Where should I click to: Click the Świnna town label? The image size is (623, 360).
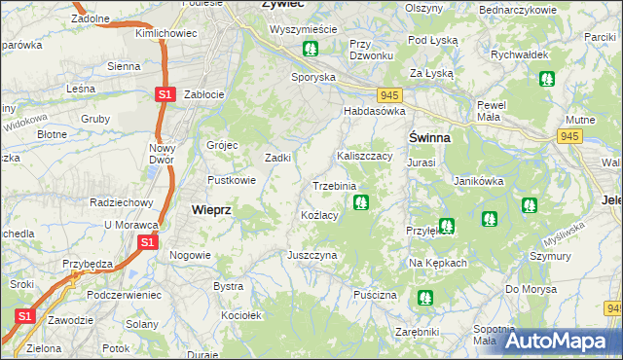428,137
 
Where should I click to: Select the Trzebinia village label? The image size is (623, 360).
334,185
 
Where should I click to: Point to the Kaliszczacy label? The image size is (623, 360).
364,156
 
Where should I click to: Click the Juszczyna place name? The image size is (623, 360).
311,255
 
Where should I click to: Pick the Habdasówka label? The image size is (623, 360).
373,112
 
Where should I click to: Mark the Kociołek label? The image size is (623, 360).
241,316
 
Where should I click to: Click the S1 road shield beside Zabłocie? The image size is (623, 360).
165,94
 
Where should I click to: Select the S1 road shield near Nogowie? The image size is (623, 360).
147,241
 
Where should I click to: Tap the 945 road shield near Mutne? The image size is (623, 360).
570,137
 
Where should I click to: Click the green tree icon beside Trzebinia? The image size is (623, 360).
361,203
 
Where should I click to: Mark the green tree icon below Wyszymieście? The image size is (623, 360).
310,48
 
